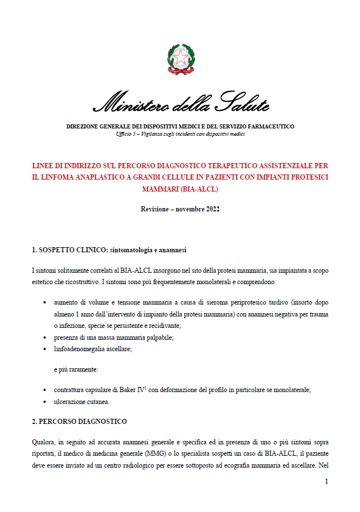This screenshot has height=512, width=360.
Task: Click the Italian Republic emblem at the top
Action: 181,59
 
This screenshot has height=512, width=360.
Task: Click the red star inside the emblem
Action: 181,57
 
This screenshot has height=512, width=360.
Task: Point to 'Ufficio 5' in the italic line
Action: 127,134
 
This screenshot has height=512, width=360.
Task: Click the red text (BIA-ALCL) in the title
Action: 200,188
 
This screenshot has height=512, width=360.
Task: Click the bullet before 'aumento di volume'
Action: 45,303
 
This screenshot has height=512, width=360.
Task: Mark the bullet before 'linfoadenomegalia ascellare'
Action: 45,349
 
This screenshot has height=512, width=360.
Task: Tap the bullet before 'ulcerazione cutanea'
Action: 45,402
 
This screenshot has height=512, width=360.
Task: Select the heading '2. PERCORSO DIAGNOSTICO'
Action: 79,422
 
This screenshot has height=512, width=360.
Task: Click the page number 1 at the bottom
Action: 326,482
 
